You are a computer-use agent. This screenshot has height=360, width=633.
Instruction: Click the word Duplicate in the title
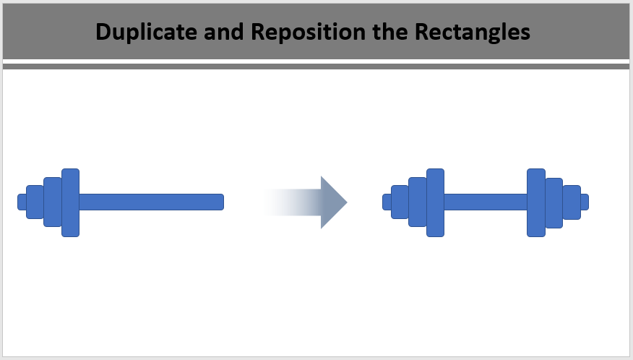coord(146,32)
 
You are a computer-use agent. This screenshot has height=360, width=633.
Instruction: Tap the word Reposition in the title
coord(308,32)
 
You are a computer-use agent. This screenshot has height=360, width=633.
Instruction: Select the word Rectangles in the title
coord(473,32)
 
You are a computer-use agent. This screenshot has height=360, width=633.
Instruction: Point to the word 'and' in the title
coord(224,32)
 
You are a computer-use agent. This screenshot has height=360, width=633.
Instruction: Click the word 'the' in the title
coord(389,32)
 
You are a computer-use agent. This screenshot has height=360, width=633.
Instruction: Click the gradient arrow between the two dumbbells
coord(305,202)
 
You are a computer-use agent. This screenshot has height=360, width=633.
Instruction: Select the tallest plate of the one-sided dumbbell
coord(71,202)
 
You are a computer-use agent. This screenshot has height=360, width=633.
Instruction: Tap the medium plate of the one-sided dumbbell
coord(53,202)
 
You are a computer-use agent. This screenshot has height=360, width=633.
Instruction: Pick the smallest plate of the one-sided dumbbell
coord(35,202)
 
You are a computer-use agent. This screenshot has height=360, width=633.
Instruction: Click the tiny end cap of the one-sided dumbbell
coord(22,202)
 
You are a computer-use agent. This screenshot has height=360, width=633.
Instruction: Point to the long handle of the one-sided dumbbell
coord(152,202)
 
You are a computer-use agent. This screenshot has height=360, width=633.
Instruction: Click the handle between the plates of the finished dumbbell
coord(486,202)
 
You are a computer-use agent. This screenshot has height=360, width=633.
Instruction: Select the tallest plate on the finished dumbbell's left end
coord(436,202)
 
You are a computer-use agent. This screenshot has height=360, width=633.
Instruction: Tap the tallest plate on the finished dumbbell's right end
coord(536,202)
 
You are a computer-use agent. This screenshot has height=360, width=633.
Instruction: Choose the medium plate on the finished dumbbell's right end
coord(554,203)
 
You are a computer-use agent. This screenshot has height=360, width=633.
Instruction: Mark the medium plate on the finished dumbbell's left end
coord(418,202)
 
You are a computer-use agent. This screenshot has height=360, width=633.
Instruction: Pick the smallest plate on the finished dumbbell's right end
coord(572,202)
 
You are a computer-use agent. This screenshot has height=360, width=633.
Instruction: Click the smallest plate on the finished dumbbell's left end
coord(400,202)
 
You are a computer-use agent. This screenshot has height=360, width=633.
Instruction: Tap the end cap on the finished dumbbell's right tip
coord(585,202)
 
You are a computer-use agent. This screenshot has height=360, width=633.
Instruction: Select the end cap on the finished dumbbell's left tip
coord(387,202)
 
